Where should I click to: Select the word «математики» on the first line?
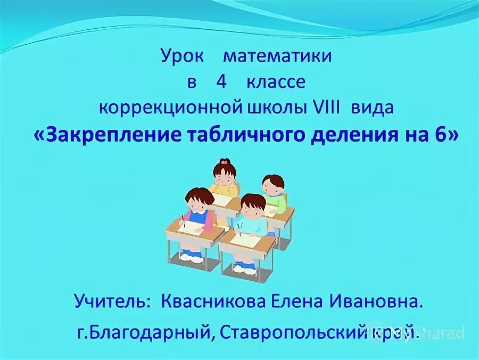click(x=277, y=56)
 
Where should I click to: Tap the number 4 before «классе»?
click(x=221, y=83)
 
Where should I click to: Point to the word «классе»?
click(x=276, y=83)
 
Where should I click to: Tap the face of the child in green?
click(x=273, y=187)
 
